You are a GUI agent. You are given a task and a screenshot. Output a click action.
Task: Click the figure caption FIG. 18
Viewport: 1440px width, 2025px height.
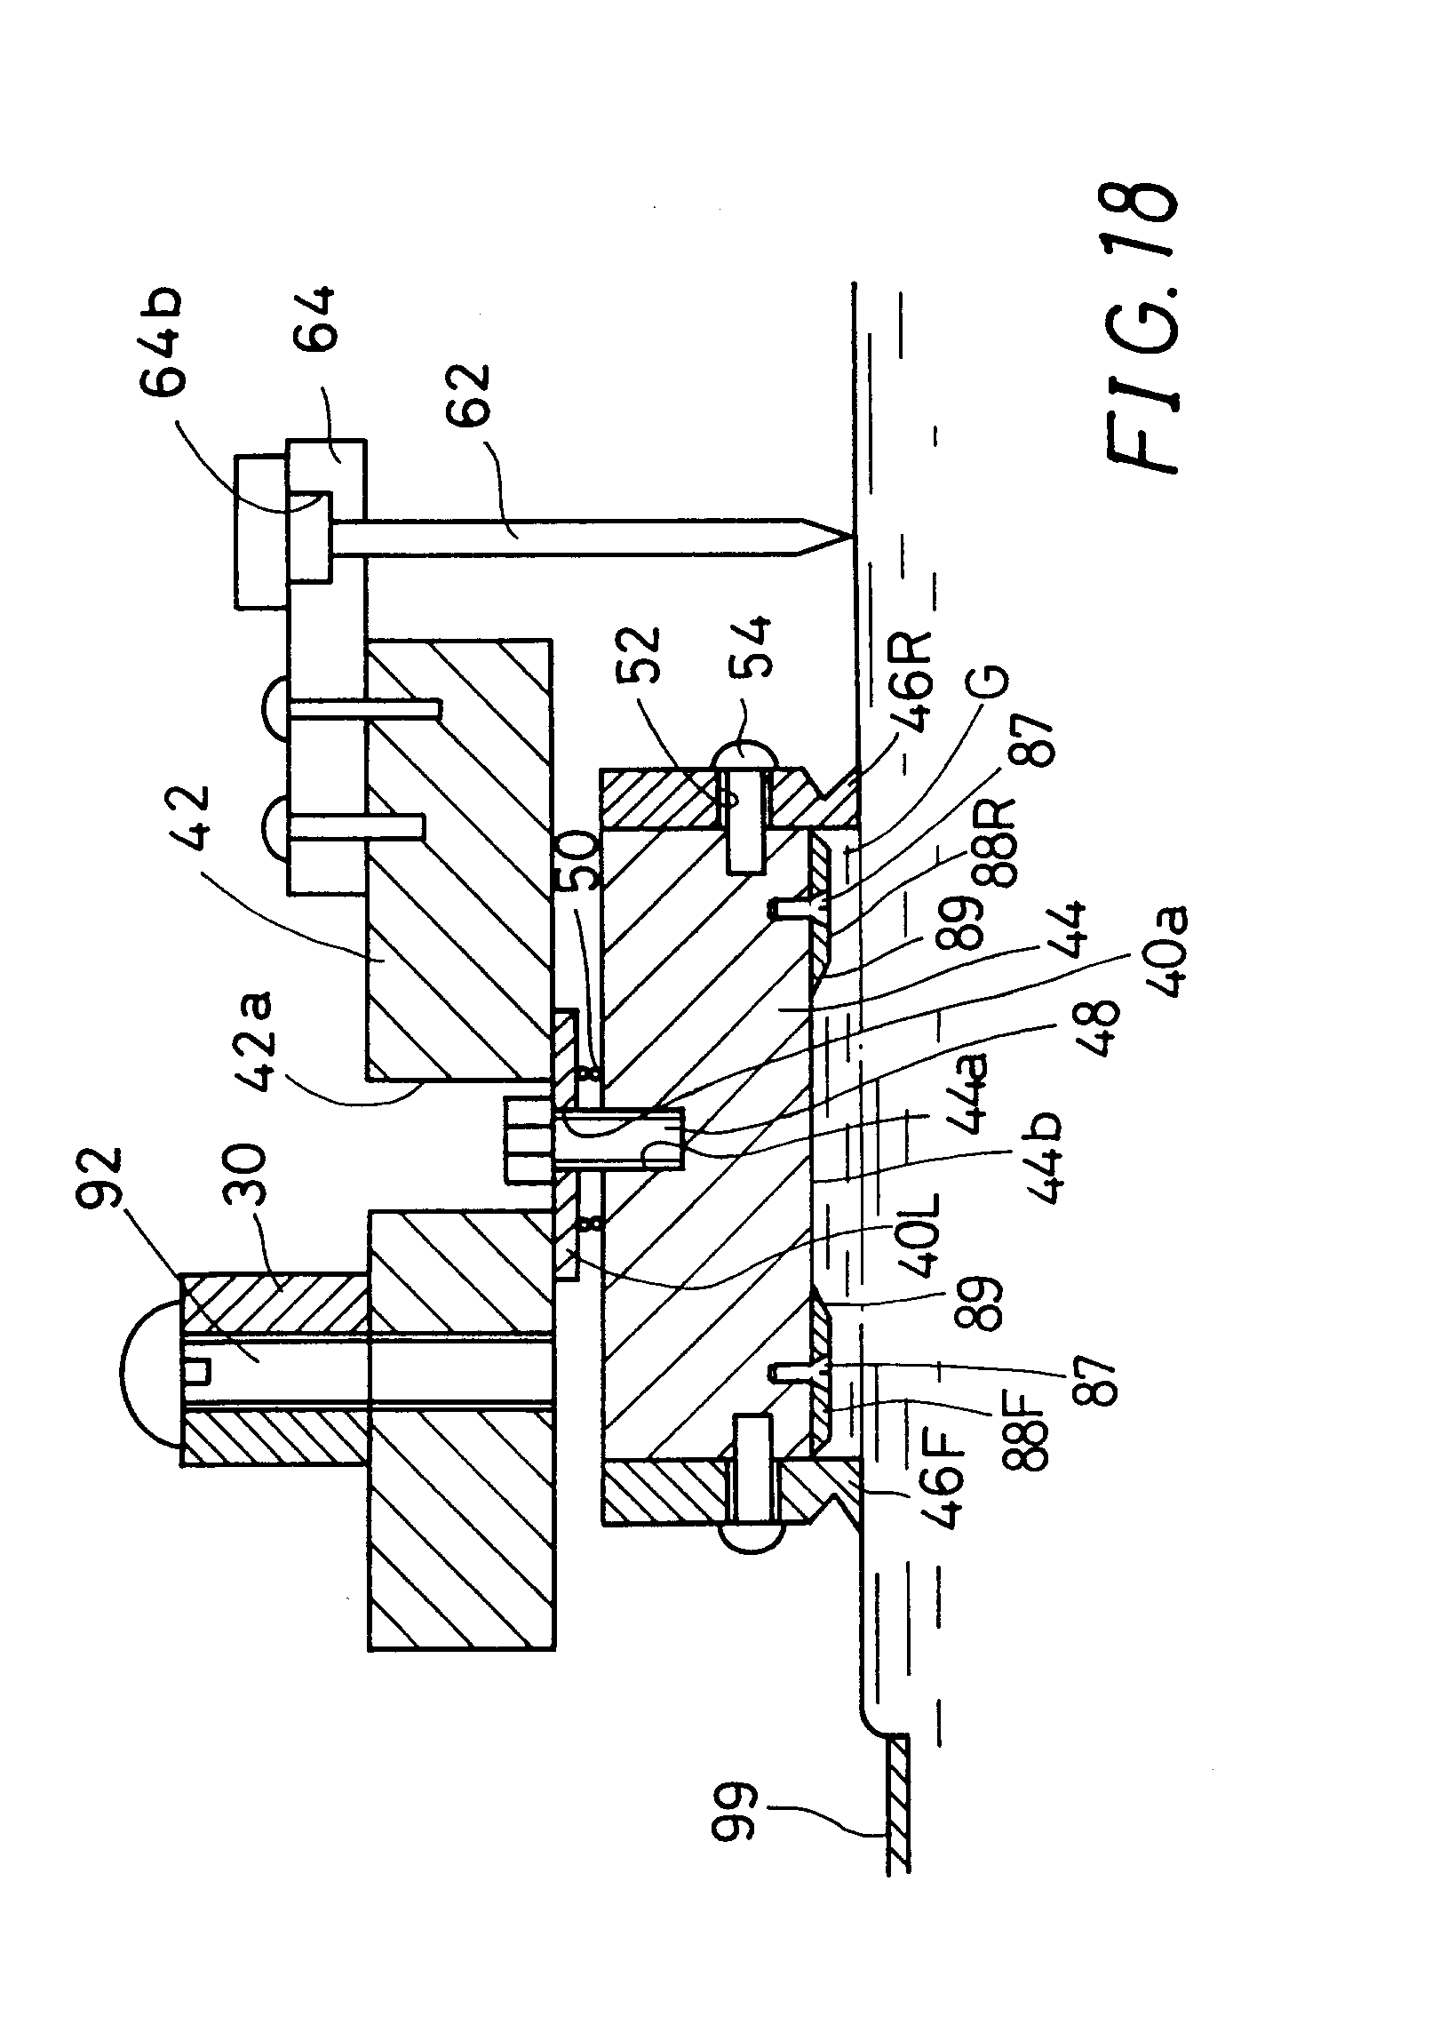coord(1145,329)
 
